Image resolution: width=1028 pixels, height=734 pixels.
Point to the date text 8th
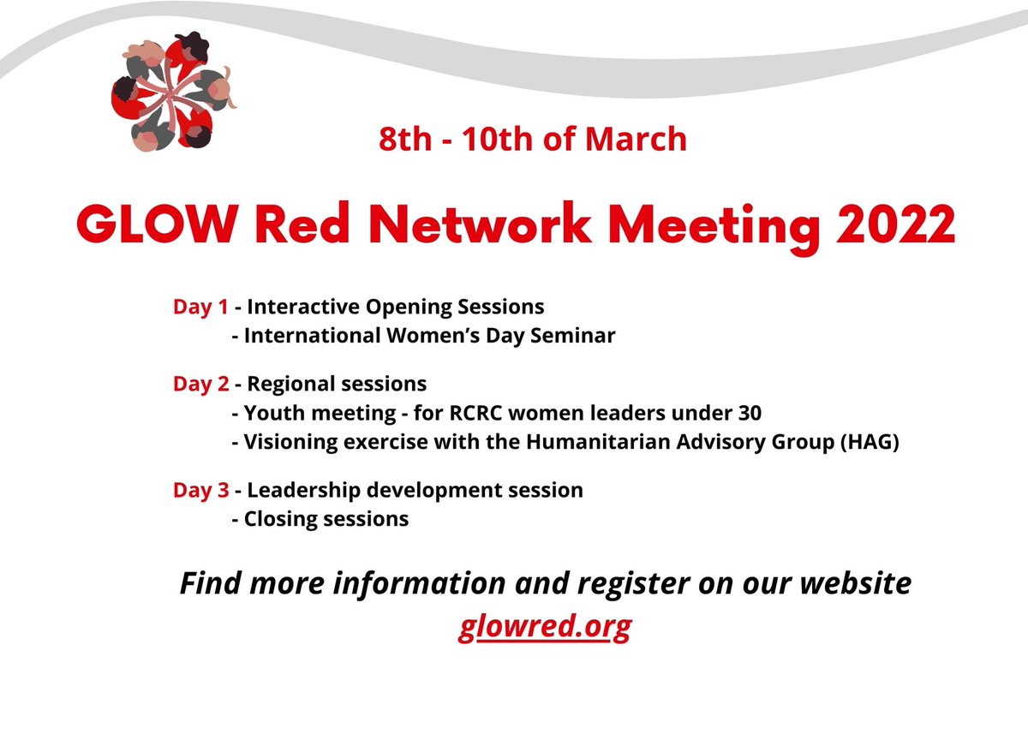coord(405,139)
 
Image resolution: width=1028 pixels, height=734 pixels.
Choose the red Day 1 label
coord(200,307)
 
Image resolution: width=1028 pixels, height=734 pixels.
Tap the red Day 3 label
coord(200,490)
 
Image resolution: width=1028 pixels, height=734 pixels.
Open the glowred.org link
coord(545,627)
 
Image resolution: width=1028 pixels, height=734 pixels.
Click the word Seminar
coord(578,336)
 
